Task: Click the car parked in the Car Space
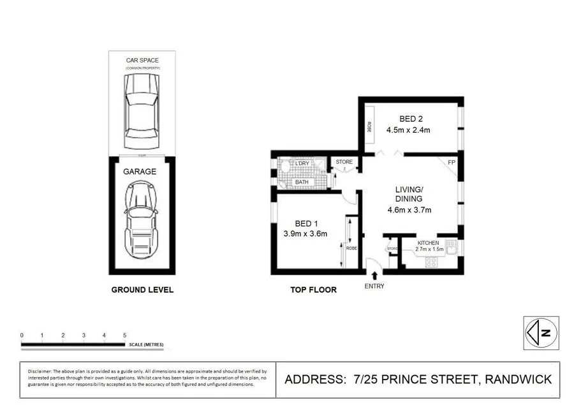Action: point(142,109)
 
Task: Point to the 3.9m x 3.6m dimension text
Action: point(305,233)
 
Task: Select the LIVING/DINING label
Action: point(409,194)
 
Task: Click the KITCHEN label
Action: point(429,244)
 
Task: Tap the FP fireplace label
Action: point(452,163)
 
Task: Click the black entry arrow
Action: point(373,276)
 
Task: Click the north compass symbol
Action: point(540,332)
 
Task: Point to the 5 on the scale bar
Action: point(124,335)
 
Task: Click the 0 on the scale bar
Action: point(22,335)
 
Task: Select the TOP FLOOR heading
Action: point(313,290)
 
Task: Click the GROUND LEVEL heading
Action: point(142,290)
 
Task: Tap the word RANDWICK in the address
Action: point(518,379)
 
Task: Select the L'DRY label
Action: point(302,164)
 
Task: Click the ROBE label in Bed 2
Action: point(369,127)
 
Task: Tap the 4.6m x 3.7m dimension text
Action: point(409,210)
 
